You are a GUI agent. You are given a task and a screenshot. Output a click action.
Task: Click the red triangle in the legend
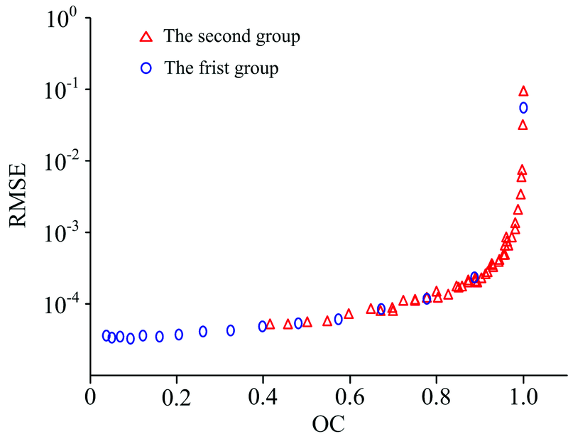click(x=146, y=36)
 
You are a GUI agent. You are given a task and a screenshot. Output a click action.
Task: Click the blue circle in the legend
click(x=146, y=68)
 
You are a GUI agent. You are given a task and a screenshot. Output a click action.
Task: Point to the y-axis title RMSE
click(x=19, y=195)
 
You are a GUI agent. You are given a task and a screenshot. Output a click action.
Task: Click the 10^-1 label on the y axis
click(x=58, y=90)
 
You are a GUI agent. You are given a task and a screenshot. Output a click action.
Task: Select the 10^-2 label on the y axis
click(x=58, y=162)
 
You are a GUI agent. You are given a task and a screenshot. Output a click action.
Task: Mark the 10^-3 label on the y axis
click(x=58, y=234)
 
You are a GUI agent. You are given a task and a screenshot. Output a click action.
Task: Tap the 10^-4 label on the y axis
click(x=58, y=305)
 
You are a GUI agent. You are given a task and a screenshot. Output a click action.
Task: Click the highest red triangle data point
click(x=524, y=91)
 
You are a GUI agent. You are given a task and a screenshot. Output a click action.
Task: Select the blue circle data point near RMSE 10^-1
click(x=523, y=108)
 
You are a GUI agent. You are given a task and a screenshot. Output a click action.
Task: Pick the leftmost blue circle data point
click(x=106, y=335)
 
